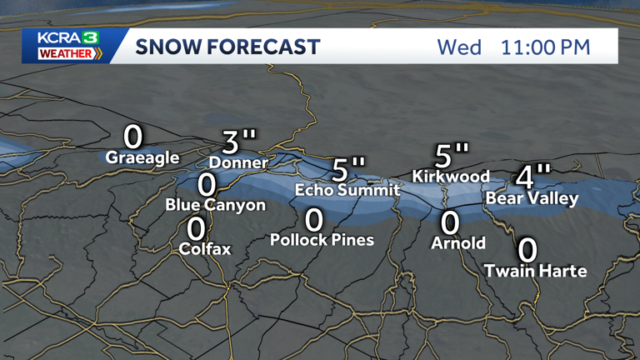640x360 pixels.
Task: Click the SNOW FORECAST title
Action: [x=227, y=47]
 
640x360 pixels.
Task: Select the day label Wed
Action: [x=459, y=47]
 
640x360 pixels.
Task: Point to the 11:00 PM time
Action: [x=545, y=47]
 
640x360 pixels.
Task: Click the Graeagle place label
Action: [x=142, y=157]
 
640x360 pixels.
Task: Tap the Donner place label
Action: [x=238, y=162]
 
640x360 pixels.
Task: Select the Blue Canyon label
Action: [x=215, y=205]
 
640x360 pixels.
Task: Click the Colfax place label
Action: [x=205, y=248]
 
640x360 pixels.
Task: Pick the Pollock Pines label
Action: [x=322, y=240]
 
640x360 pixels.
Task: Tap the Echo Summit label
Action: [x=347, y=191]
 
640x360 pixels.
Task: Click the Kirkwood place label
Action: [x=451, y=177]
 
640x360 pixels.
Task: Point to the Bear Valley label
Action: [x=531, y=198]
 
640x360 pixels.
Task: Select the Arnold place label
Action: [x=458, y=243]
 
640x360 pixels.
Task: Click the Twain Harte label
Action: [x=536, y=271]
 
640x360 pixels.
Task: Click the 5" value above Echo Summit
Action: [x=348, y=169]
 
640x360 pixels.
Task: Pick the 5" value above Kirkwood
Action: [x=452, y=155]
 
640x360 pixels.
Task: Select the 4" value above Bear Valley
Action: [x=532, y=177]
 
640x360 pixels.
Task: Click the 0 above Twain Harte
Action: [x=527, y=249]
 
